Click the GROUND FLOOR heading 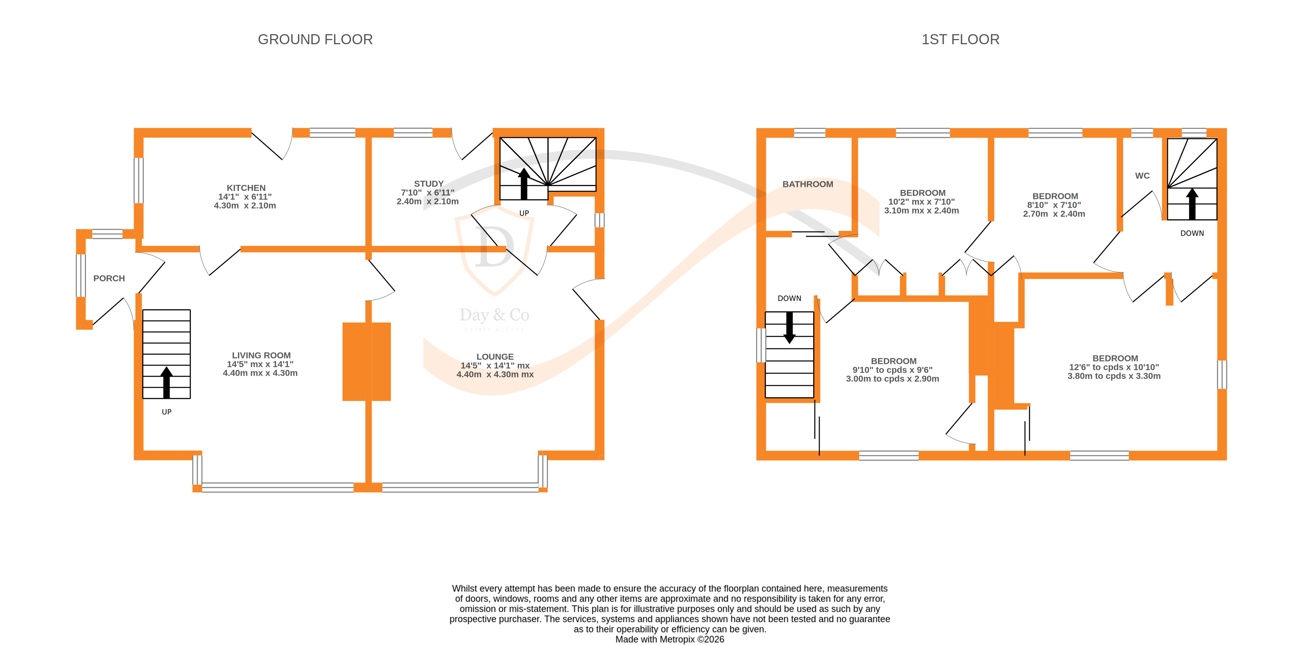click(x=315, y=39)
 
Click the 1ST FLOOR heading click(x=960, y=39)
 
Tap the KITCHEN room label click(x=246, y=188)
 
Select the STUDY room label click(x=428, y=184)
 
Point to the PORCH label click(x=109, y=278)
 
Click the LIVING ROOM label click(x=261, y=355)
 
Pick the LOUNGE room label click(x=495, y=357)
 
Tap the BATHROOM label click(x=807, y=184)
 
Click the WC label click(x=1142, y=175)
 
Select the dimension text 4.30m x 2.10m click(x=245, y=206)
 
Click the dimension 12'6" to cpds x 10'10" click(x=1114, y=367)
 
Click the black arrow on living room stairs click(x=166, y=382)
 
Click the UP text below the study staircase click(x=524, y=213)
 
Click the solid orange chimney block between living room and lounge click(x=367, y=362)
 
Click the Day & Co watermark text click(x=494, y=315)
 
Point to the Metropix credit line click(x=669, y=639)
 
